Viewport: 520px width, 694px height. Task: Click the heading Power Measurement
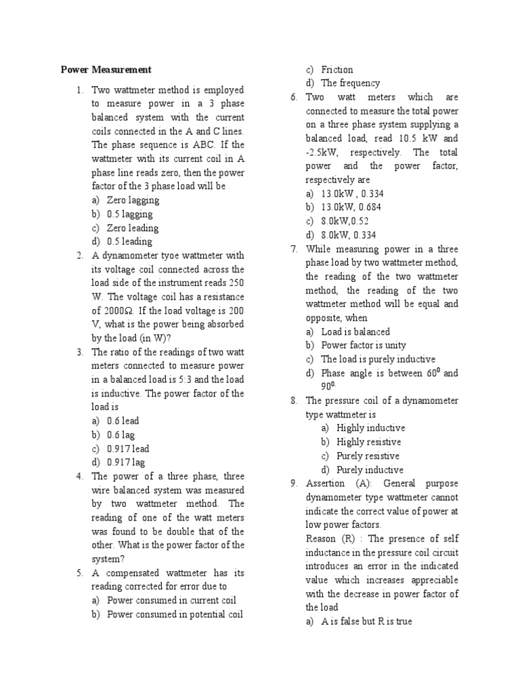point(106,70)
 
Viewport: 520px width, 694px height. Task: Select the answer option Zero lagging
point(133,200)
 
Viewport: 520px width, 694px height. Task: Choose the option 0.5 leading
point(129,241)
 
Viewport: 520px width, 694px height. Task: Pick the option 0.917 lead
point(128,449)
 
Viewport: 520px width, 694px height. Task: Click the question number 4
point(79,476)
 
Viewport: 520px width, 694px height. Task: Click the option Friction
point(337,69)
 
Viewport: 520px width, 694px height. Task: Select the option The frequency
point(350,83)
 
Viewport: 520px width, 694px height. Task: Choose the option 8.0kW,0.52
point(345,221)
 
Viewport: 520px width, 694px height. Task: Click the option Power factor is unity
point(364,346)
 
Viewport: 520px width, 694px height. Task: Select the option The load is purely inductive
point(378,359)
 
